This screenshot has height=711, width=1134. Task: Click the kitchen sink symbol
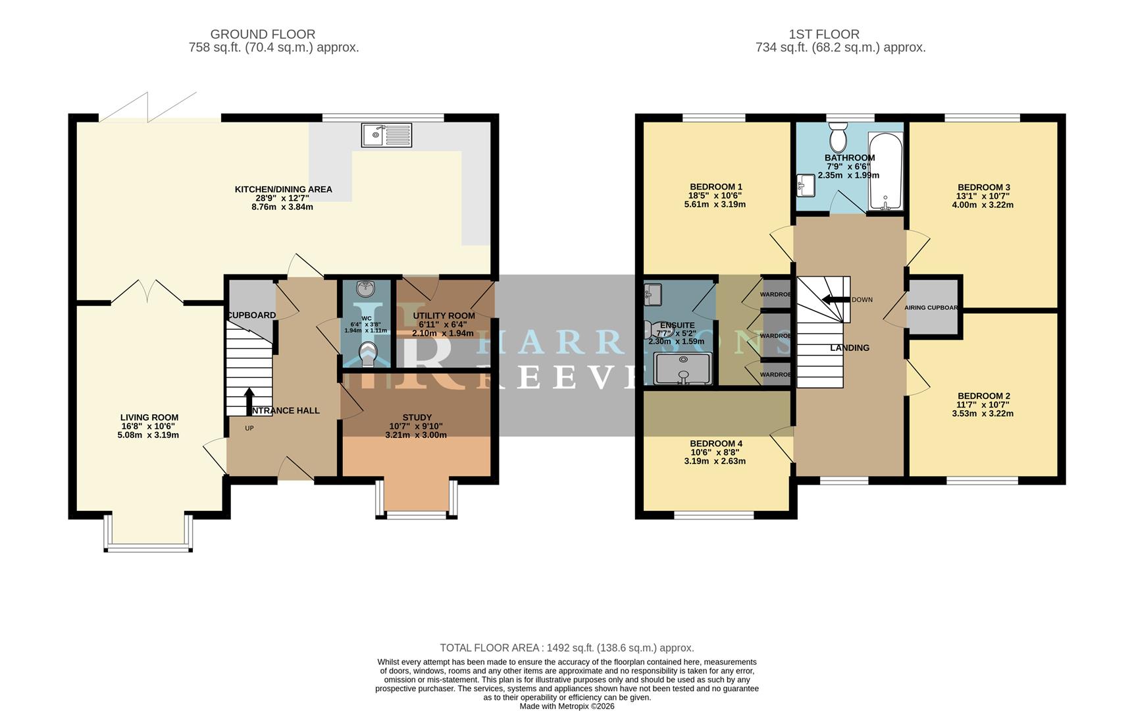pos(386,135)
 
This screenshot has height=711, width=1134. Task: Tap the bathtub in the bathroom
pos(885,171)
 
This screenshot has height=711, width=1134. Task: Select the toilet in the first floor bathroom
pos(838,138)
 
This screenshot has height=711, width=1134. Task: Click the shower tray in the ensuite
pos(683,369)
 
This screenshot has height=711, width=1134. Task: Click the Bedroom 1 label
pos(716,187)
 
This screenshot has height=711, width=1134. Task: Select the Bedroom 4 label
pos(716,444)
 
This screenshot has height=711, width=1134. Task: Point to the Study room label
pos(417,417)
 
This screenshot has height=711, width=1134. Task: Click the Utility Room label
pos(444,316)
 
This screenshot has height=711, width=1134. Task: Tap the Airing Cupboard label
pos(931,307)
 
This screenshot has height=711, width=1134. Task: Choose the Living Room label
pos(149,417)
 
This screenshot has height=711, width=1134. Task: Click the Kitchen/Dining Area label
pos(283,190)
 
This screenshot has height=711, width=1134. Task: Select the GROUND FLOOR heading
pos(263,34)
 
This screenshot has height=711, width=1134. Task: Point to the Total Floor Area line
pos(567,648)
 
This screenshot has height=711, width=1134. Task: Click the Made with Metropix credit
pos(567,706)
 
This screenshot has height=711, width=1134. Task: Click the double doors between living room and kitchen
pos(147,293)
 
